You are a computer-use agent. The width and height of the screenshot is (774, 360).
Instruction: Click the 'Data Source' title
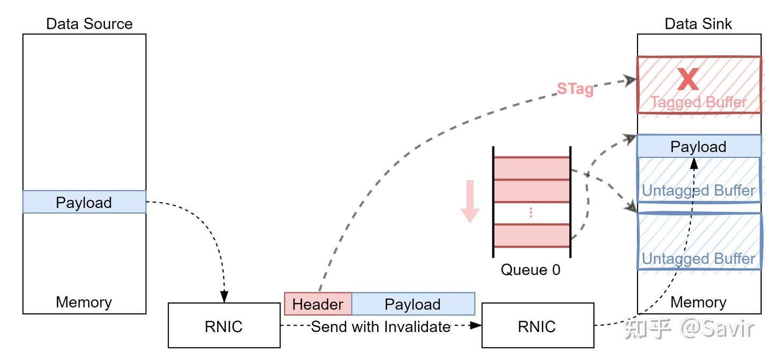pos(89,24)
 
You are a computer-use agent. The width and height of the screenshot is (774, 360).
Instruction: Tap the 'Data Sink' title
pos(698,24)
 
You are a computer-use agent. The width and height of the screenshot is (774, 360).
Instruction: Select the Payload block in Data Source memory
pos(84,203)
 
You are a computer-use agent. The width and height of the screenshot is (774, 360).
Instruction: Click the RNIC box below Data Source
pos(224,326)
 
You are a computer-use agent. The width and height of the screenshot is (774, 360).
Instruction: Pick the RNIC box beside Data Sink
pos(537,326)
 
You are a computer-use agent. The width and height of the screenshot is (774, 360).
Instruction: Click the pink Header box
pos(318,304)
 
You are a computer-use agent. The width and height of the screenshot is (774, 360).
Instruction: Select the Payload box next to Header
pos(413,304)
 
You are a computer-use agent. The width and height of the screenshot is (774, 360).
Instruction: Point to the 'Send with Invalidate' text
pos(381,326)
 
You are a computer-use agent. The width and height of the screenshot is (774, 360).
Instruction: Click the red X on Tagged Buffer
pos(687,79)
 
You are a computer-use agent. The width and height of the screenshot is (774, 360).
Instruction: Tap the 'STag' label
pos(575,89)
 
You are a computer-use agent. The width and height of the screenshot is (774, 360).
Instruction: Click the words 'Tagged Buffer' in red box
pos(698,102)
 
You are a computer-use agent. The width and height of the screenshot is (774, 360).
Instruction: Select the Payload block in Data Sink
pos(698,147)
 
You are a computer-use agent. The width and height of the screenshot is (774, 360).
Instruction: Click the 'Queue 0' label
pos(531,269)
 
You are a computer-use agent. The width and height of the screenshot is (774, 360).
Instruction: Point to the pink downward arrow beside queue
pos(470,201)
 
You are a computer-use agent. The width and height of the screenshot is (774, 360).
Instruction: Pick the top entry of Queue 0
pos(532,168)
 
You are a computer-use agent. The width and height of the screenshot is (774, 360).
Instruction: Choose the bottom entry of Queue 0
pos(532,235)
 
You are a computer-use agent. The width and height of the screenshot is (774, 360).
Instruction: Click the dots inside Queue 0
pos(531,213)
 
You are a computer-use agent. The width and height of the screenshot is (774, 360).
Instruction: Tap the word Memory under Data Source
pos(84,302)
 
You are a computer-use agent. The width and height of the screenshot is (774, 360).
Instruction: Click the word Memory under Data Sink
pos(698,302)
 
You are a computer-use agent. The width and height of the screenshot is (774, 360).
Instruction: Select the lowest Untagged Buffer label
pos(698,258)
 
